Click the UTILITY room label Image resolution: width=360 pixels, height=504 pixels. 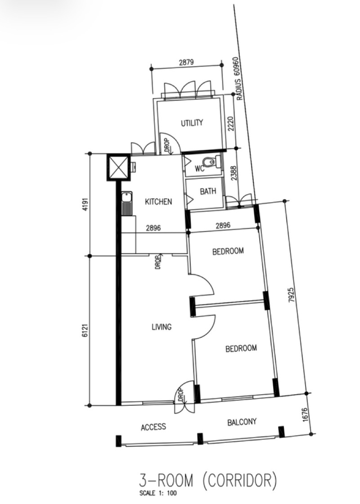[x=192, y=123]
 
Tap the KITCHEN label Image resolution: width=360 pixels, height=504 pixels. [x=158, y=201]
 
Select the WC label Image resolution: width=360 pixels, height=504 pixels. [x=199, y=168]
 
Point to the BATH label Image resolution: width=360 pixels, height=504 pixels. [x=208, y=191]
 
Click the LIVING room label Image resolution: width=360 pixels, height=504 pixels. [x=162, y=327]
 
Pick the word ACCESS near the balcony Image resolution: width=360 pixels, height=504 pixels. [x=153, y=427]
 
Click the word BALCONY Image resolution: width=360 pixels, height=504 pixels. [x=242, y=422]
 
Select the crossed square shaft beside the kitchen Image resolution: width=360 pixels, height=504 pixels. [x=118, y=167]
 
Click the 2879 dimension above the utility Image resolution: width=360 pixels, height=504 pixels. [x=186, y=62]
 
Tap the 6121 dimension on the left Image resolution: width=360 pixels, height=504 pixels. [x=85, y=331]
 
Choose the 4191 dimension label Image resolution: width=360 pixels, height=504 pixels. [x=85, y=205]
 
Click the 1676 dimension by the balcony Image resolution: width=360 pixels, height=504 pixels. [x=305, y=415]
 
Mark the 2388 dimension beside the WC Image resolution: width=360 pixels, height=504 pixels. [x=234, y=173]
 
